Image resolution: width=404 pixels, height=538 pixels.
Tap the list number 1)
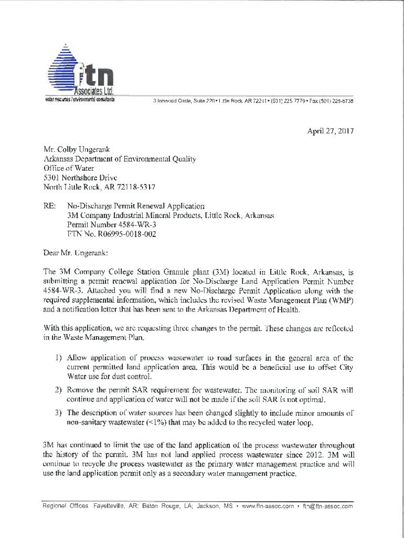(x=60, y=358)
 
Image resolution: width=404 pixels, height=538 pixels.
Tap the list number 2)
(x=60, y=390)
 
